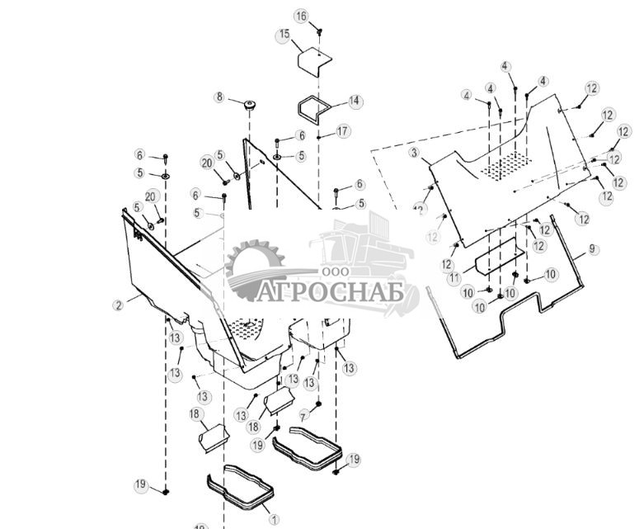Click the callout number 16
click(301, 17)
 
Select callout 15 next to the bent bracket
click(284, 35)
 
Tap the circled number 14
click(355, 102)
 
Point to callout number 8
click(219, 97)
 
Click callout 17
click(343, 131)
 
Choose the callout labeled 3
click(415, 153)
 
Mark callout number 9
click(593, 248)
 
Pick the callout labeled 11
click(454, 279)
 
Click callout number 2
click(119, 305)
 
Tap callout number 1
click(275, 520)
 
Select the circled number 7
click(304, 414)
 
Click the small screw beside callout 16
click(319, 31)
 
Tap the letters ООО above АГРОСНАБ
click(333, 271)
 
